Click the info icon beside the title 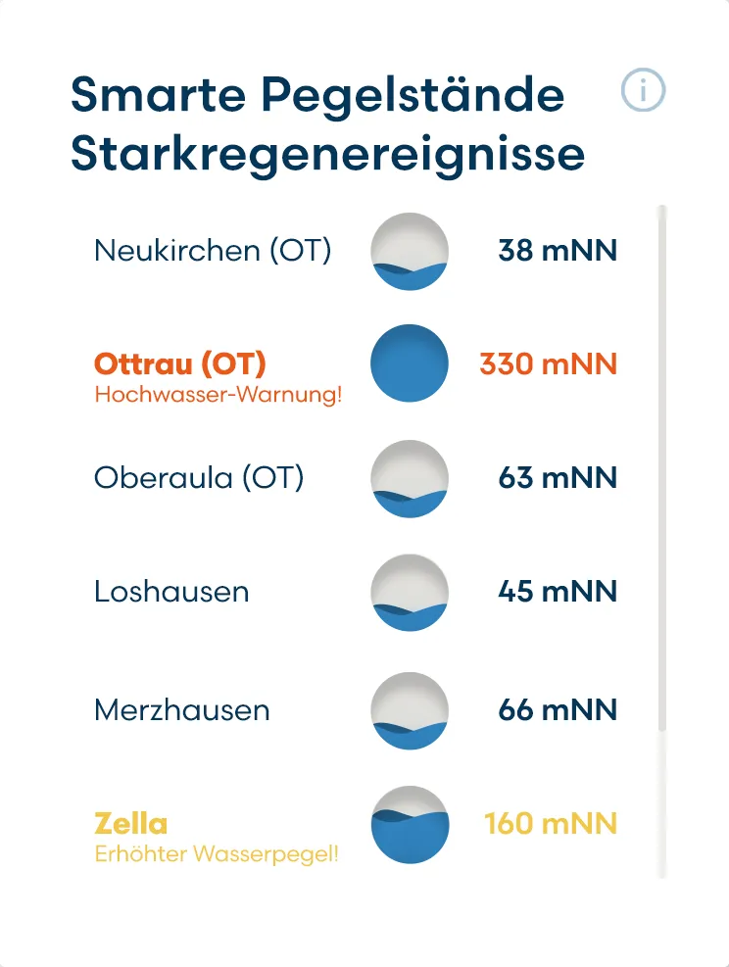coord(643,91)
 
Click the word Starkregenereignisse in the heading coord(327,155)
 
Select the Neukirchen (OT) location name coord(213,251)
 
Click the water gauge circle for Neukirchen coord(410,251)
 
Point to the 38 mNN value coord(558,251)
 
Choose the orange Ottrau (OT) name coord(180,364)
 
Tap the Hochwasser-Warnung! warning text coord(218,396)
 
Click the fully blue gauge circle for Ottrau coord(410,363)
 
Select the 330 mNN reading coord(549,364)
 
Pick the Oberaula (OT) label coord(199,478)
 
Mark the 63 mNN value coord(558,478)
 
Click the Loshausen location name coord(171,592)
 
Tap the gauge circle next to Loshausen coord(410,592)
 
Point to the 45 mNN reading coord(558,592)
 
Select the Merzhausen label coord(181,709)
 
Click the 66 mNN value coord(558,709)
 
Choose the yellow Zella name coord(131,822)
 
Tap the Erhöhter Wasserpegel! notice coord(217,853)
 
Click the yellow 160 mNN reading coord(551,822)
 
